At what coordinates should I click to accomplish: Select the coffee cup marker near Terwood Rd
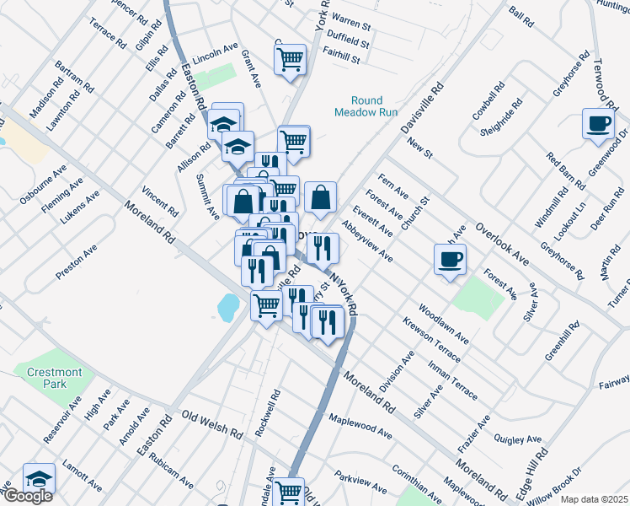pyautogui.click(x=598, y=123)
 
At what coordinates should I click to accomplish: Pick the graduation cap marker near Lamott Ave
pyautogui.click(x=39, y=478)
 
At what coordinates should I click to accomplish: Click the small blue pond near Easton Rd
pyautogui.click(x=227, y=308)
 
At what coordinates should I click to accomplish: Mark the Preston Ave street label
pyautogui.click(x=77, y=261)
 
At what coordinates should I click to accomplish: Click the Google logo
pyautogui.click(x=27, y=496)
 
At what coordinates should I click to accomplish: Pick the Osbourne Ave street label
pyautogui.click(x=43, y=183)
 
